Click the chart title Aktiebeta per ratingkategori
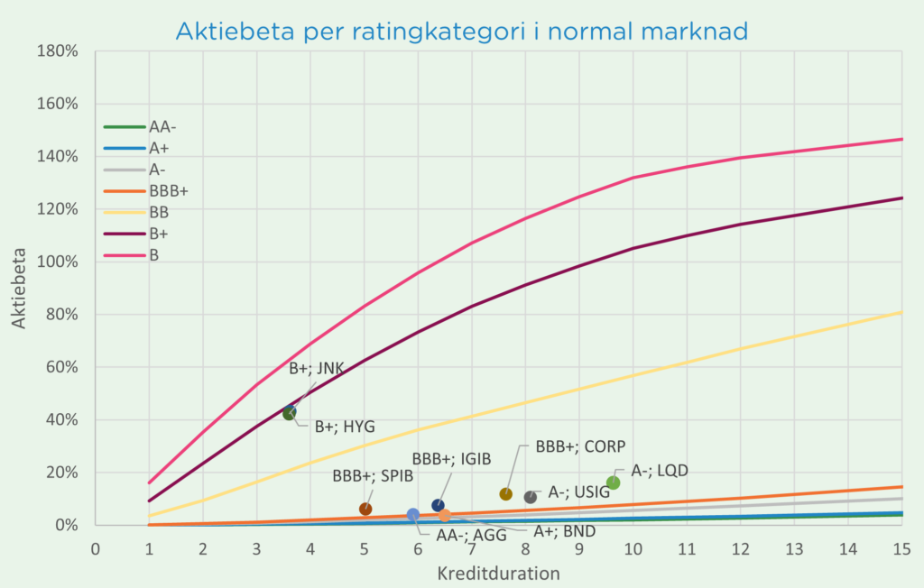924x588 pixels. [x=462, y=32]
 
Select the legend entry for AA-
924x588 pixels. [x=162, y=127]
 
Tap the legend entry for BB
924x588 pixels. [x=160, y=213]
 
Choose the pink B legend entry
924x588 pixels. [x=155, y=255]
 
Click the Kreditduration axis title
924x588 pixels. [x=498, y=573]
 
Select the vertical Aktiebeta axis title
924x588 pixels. [x=20, y=288]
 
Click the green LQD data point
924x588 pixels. [x=613, y=482]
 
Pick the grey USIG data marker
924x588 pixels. [x=531, y=497]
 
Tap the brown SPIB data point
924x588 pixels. [x=365, y=509]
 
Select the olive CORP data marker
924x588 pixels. [x=506, y=494]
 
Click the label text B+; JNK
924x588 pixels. [x=317, y=368]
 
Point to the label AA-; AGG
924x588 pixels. [x=471, y=534]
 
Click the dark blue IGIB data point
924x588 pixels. [x=438, y=505]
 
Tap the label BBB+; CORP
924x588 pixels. [x=580, y=446]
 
